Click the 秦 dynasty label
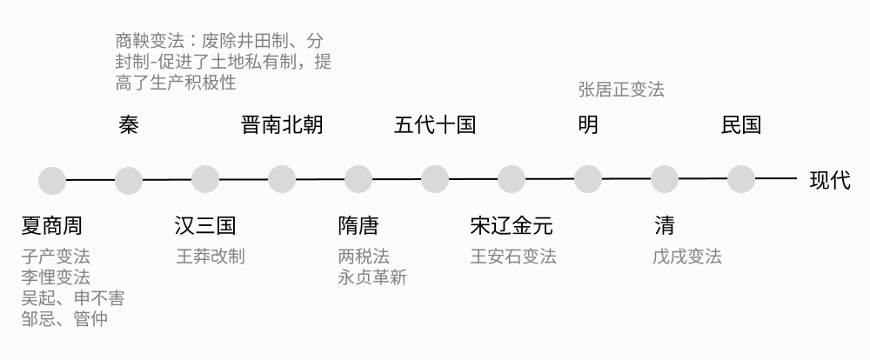tap(129, 125)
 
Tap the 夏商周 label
tap(52, 226)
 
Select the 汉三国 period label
tap(205, 226)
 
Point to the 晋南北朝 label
tap(282, 125)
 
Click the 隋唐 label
tap(358, 226)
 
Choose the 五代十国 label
tap(435, 125)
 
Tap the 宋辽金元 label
tap(512, 226)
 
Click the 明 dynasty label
tap(588, 125)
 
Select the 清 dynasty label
tap(665, 226)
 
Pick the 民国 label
tap(741, 125)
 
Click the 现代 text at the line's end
tap(830, 180)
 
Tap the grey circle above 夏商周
tap(52, 180)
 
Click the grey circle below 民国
tap(741, 180)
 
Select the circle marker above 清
tap(665, 180)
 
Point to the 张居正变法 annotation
tap(621, 90)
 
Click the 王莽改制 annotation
tap(211, 257)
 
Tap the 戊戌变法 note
tap(687, 257)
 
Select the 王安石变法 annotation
tap(513, 257)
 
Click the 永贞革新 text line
tap(372, 277)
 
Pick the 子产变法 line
tap(56, 257)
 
